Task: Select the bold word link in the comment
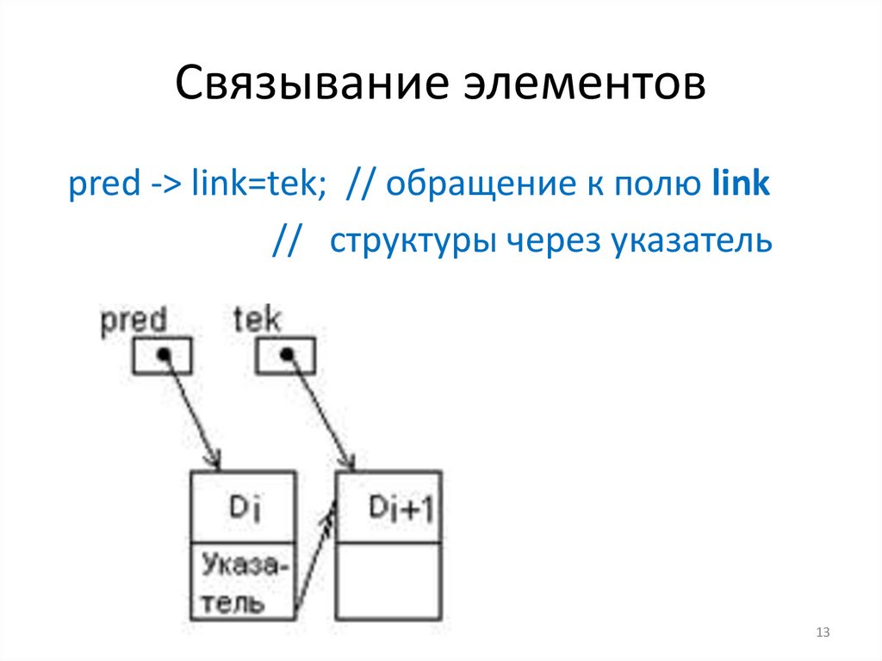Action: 742,185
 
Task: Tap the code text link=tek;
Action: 271,185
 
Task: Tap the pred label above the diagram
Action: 134,321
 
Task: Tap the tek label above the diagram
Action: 257,321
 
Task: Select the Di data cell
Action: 243,508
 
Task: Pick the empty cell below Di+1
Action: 389,583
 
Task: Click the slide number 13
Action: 822,634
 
